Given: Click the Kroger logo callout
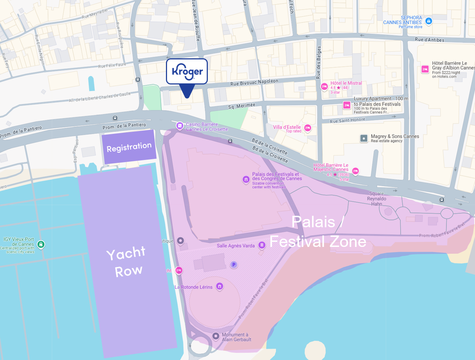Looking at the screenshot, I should tap(187, 72).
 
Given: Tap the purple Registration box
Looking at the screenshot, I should tap(129, 147).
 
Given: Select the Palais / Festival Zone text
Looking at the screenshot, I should tap(318, 232).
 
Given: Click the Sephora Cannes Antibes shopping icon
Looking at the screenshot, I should tap(429, 21).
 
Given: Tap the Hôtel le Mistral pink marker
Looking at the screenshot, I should tap(324, 87).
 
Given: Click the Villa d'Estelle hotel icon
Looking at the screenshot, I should tap(308, 128).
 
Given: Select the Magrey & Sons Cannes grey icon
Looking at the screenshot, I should tap(364, 138).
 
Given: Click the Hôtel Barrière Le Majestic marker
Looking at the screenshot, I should tap(355, 171).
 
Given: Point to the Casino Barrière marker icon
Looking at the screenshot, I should tap(180, 125).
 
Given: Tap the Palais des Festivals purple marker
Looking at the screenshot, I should tap(246, 179).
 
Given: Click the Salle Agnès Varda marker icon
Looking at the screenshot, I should tap(262, 245).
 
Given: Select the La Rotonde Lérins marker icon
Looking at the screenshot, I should tap(220, 286).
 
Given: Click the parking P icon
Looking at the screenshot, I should tap(234, 265).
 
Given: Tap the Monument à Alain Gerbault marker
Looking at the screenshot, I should tap(216, 336).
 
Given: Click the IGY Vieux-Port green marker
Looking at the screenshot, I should tap(41, 244).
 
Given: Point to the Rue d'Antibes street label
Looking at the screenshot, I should tap(429, 40).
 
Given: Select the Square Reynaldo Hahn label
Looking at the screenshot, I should tap(376, 199).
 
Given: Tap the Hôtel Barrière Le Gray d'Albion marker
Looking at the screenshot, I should tap(425, 69).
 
